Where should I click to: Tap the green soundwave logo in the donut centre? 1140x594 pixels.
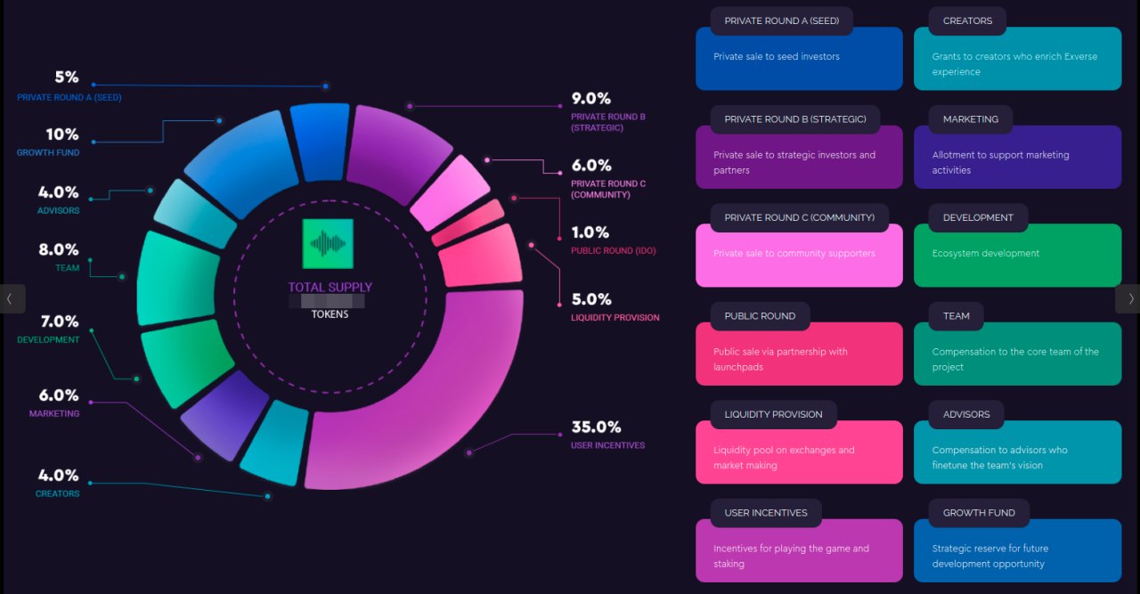click(x=328, y=243)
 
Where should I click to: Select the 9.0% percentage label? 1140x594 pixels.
click(x=590, y=99)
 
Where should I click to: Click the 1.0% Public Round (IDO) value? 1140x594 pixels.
click(x=590, y=232)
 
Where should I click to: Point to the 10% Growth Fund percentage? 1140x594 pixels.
click(x=62, y=134)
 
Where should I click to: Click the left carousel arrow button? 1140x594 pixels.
click(x=10, y=298)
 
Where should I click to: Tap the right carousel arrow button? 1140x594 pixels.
click(x=1130, y=298)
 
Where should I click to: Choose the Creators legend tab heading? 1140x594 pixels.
click(x=966, y=21)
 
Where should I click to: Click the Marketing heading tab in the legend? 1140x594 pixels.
click(x=970, y=119)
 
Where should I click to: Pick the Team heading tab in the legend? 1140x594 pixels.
click(x=956, y=316)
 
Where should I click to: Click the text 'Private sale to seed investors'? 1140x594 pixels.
click(x=776, y=57)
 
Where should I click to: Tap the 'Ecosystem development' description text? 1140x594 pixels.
click(x=985, y=254)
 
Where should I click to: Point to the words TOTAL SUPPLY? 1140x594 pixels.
click(x=330, y=288)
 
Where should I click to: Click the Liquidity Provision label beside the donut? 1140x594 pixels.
click(x=615, y=318)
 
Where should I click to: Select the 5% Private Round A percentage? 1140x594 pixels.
click(x=67, y=77)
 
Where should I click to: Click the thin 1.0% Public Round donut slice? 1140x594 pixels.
click(x=467, y=223)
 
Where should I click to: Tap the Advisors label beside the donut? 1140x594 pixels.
click(x=59, y=211)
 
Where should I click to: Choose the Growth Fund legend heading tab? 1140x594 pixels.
click(x=979, y=513)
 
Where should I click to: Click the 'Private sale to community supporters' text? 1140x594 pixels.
click(x=794, y=254)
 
